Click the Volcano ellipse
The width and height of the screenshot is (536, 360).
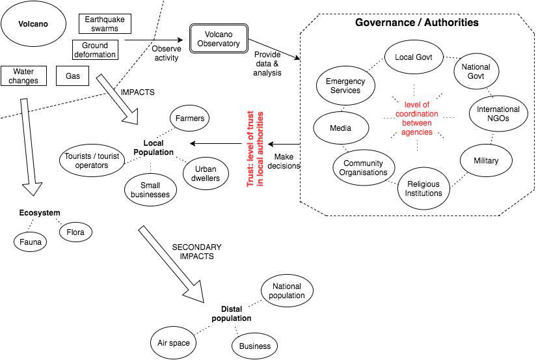click(33, 26)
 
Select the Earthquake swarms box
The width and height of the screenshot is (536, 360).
click(105, 24)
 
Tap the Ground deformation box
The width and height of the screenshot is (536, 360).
click(95, 50)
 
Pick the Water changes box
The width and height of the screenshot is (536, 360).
click(23, 76)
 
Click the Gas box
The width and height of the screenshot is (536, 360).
click(72, 76)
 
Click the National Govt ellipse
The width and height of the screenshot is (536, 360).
click(475, 72)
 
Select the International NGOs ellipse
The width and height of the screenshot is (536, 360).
click(498, 114)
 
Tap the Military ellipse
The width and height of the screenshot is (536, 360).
click(486, 160)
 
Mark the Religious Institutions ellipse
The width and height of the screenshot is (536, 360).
click(423, 188)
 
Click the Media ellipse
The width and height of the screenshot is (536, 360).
click(340, 128)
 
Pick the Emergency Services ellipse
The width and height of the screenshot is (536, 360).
click(345, 86)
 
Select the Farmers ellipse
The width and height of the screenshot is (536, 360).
click(190, 118)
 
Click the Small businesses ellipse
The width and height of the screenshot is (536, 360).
click(150, 190)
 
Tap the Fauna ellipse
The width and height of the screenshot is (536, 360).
click(30, 242)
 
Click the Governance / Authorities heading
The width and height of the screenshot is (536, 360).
click(417, 23)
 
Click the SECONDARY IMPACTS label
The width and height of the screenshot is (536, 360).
click(196, 252)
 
